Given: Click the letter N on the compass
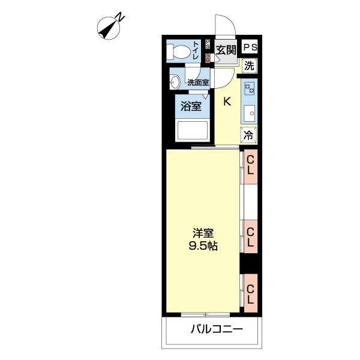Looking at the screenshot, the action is click(120, 18).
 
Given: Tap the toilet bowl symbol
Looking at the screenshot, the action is click(178, 52).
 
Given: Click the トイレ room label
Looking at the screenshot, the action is click(196, 50).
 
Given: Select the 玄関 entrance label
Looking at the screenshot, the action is click(226, 50).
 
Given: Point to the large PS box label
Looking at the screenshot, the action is click(250, 47).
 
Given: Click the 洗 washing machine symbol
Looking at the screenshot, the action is click(249, 66).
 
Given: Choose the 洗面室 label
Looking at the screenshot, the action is click(198, 82).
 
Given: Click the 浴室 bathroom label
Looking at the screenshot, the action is click(191, 106).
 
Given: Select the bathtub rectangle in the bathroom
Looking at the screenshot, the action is click(193, 130).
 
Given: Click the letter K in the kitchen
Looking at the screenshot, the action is click(227, 101).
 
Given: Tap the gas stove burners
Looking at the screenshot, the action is click(250, 88).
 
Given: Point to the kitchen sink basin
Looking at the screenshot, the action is click(250, 113).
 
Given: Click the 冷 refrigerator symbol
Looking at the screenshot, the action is click(248, 135).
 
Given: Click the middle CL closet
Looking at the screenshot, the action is click(250, 237).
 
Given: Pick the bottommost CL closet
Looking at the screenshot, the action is click(250, 293).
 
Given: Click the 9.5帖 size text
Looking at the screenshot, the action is click(203, 246).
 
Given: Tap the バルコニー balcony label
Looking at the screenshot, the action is click(217, 329).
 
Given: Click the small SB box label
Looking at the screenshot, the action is click(208, 58).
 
